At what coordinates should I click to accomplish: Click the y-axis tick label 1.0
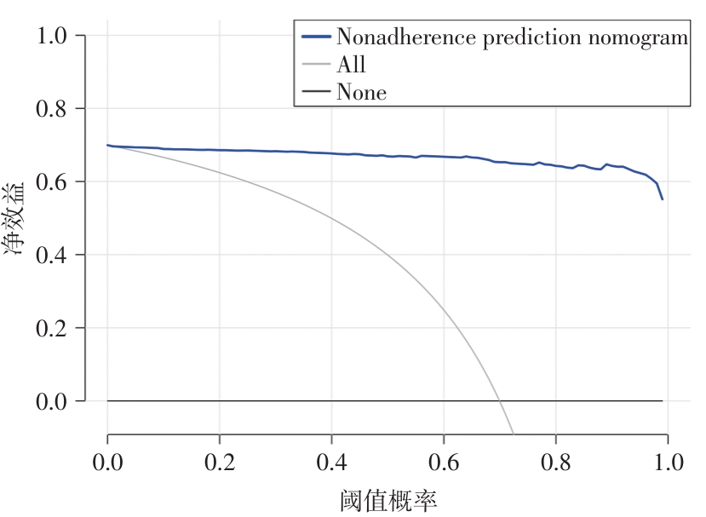click(x=55, y=36)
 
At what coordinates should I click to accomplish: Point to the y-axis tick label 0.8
click(x=55, y=109)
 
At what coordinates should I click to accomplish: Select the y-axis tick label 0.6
click(x=55, y=182)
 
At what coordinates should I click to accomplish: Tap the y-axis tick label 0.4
click(x=55, y=256)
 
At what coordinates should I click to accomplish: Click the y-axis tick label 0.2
click(x=55, y=328)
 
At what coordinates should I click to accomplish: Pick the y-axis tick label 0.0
click(x=55, y=401)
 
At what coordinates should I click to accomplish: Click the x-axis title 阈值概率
click(x=387, y=500)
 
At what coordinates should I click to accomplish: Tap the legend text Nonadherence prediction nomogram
click(x=511, y=37)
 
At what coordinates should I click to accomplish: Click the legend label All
click(x=351, y=65)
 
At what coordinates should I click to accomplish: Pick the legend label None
click(x=361, y=92)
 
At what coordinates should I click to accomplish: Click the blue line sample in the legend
click(x=316, y=37)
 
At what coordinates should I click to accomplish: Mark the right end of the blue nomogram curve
click(x=662, y=199)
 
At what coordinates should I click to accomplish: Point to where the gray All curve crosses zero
click(x=499, y=400)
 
